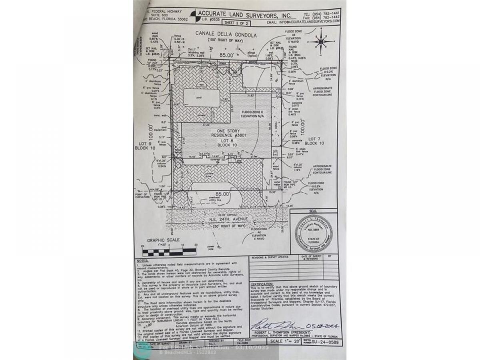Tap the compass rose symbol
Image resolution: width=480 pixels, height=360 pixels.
click(320, 41)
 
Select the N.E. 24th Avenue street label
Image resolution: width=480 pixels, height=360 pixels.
click(228, 219)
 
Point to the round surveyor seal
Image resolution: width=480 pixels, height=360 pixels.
click(314, 233)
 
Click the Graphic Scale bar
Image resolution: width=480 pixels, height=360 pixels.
click(169, 252)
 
